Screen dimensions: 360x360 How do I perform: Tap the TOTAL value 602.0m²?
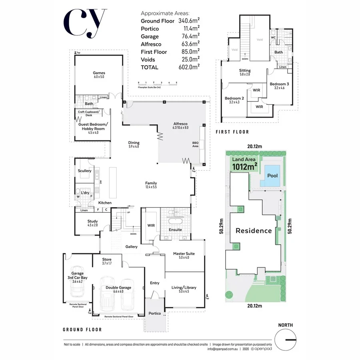tap(189, 67)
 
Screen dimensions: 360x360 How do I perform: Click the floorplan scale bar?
tap(157, 84)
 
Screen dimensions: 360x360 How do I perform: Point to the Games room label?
tap(99, 73)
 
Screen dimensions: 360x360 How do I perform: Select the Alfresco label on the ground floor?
tap(180, 124)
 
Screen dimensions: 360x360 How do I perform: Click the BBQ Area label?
tap(195, 144)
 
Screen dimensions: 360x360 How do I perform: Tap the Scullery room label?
tap(84, 171)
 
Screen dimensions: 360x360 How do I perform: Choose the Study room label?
tap(92, 221)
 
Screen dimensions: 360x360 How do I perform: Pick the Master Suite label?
tap(184, 254)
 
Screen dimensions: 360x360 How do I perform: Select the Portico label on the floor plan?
tap(154, 313)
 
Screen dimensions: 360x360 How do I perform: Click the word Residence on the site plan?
tap(253, 231)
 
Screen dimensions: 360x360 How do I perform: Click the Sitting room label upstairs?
tap(245, 70)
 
